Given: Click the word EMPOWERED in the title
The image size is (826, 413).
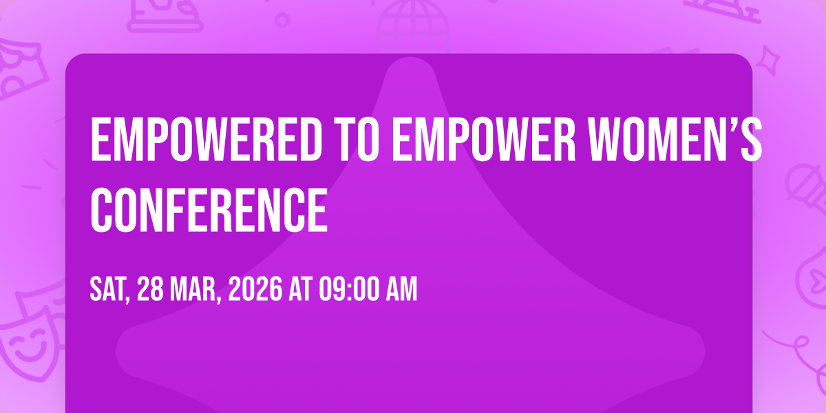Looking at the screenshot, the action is pyautogui.click(x=206, y=139).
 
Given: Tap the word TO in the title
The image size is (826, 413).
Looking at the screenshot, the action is pyautogui.click(x=359, y=139).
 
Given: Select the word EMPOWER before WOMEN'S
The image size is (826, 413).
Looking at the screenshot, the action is pyautogui.click(x=484, y=139).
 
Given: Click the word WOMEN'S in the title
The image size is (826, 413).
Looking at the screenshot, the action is pyautogui.click(x=675, y=139).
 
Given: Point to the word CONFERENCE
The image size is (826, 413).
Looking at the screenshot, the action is pyautogui.click(x=209, y=210).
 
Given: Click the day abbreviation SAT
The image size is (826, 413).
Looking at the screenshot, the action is pyautogui.click(x=109, y=290).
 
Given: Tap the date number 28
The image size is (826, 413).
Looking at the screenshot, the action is pyautogui.click(x=150, y=289).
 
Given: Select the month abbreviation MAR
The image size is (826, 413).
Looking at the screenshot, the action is pyautogui.click(x=195, y=290).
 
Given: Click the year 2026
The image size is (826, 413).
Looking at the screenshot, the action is pyautogui.click(x=255, y=289).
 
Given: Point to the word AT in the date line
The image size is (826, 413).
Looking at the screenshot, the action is pyautogui.click(x=301, y=289).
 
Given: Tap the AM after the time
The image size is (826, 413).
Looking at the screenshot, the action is pyautogui.click(x=401, y=289).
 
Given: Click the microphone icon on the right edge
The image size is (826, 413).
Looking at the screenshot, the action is pyautogui.click(x=807, y=188).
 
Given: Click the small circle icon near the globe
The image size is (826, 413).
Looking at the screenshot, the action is pyautogui.click(x=282, y=20).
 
